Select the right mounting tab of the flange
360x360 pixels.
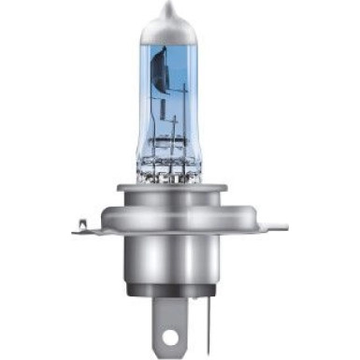(271, 227)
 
